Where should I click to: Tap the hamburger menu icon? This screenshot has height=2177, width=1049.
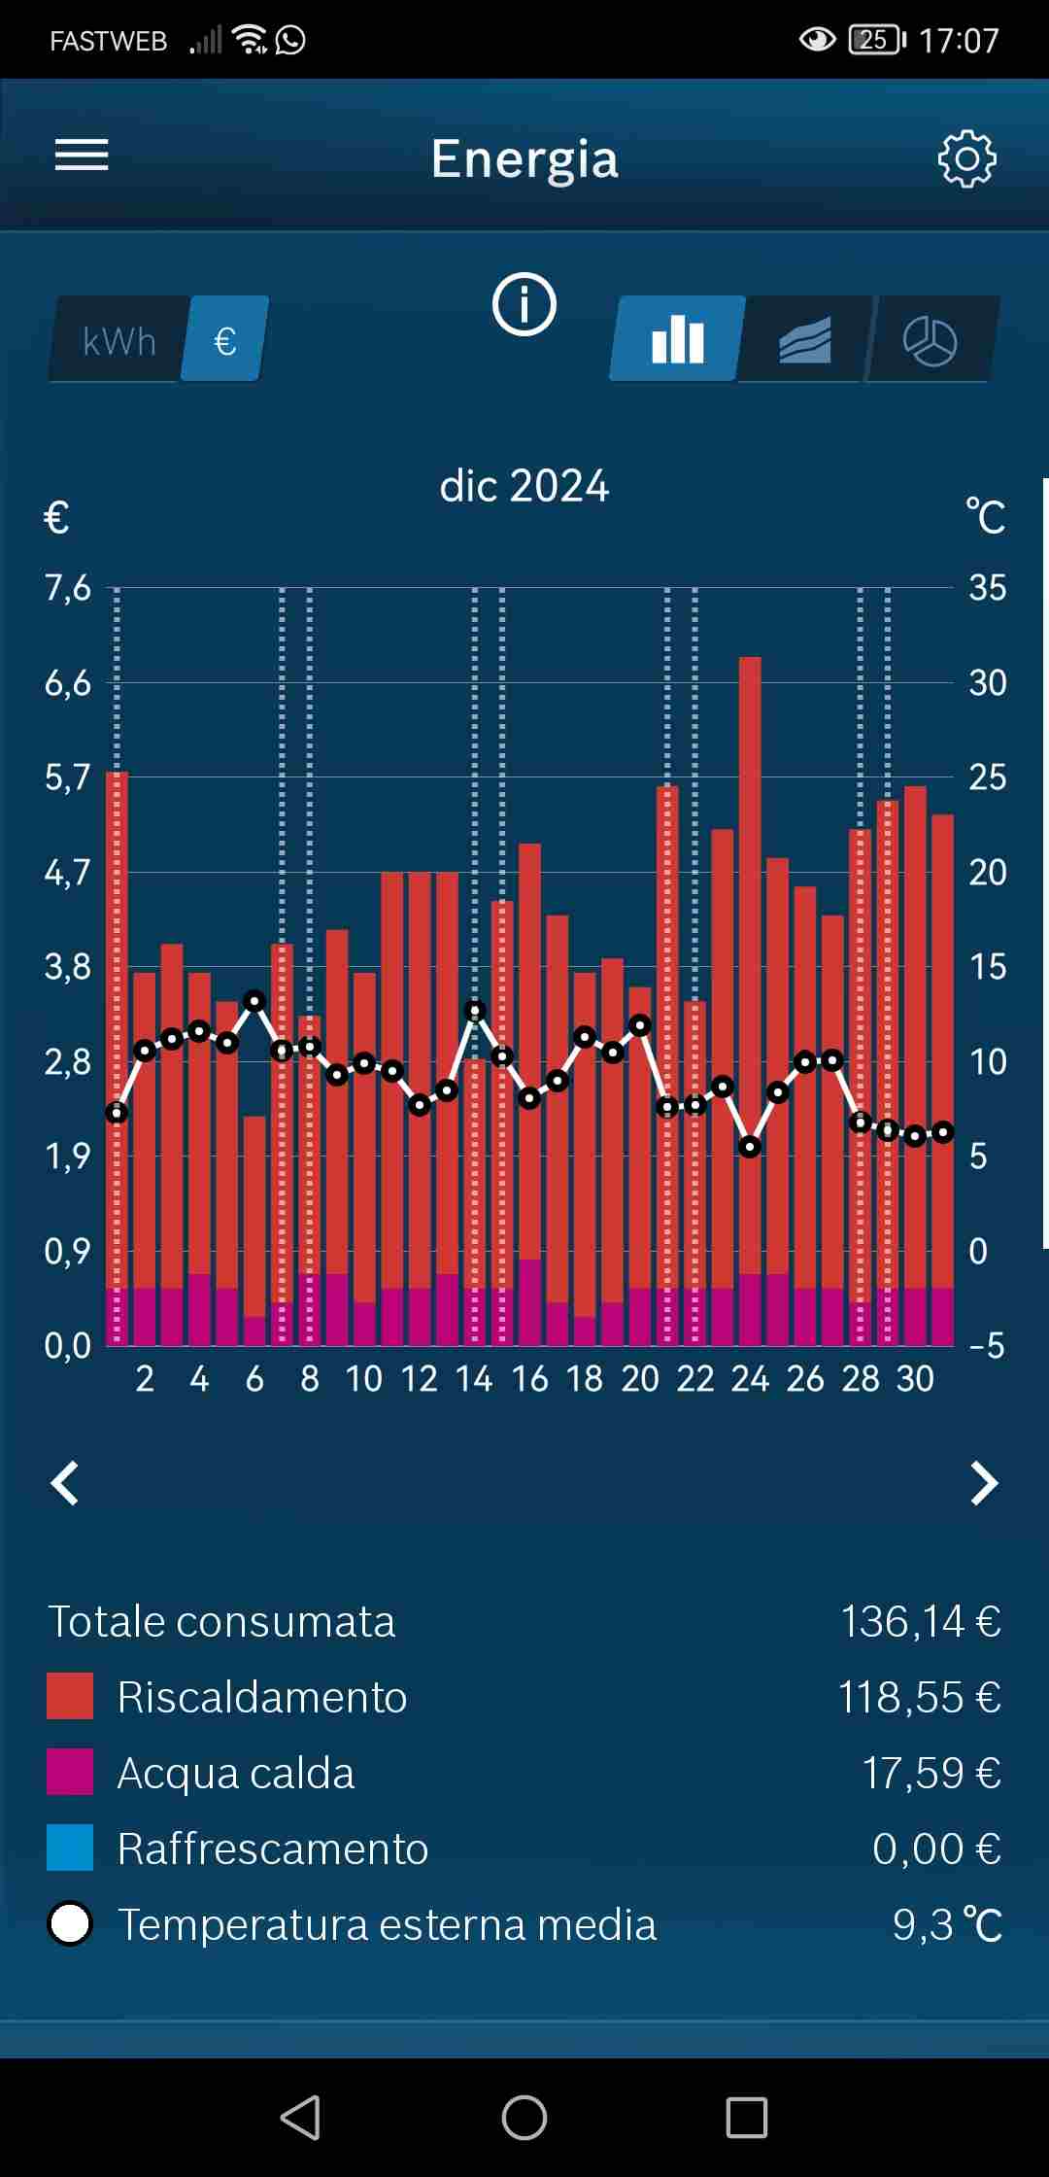[x=82, y=155]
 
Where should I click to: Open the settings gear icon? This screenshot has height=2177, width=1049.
[x=966, y=158]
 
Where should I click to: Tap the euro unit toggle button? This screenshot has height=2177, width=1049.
[x=225, y=340]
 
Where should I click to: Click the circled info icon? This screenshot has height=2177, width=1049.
[x=524, y=304]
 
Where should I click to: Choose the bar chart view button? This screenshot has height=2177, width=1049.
[x=678, y=339]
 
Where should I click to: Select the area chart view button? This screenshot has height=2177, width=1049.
[x=804, y=340]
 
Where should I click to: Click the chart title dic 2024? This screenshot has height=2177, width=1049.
[x=524, y=486]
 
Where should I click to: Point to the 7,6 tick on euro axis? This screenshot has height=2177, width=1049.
[x=68, y=588]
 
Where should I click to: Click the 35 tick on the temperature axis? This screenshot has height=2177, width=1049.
[x=987, y=588]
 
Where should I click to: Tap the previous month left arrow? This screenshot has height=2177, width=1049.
[x=65, y=1483]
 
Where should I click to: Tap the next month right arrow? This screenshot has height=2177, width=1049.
[x=984, y=1483]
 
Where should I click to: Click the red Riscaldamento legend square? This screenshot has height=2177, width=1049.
[x=70, y=1696]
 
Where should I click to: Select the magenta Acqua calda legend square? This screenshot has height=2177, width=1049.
[x=70, y=1772]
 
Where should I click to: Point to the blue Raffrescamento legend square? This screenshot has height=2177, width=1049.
[x=70, y=1848]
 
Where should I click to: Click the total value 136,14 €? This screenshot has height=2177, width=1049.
[x=920, y=1621]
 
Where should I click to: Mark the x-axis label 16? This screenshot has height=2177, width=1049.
[x=530, y=1378]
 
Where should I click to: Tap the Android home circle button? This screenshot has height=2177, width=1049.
[x=524, y=2117]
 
